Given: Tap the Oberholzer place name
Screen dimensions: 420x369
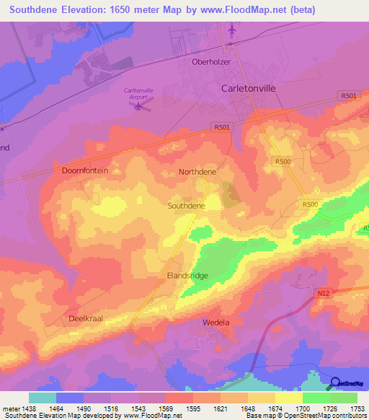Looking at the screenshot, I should (x=211, y=61).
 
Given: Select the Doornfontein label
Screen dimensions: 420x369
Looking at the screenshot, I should (x=85, y=170).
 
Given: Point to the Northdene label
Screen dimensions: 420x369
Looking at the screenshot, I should (x=197, y=172).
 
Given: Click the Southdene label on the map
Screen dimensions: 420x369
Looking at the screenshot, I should (x=187, y=206).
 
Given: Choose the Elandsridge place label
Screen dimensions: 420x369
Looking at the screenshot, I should (x=188, y=275).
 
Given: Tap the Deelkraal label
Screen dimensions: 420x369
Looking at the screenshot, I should (x=88, y=318).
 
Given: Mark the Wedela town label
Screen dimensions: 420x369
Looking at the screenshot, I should (x=216, y=322).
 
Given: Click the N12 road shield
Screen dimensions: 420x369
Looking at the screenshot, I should (x=323, y=294).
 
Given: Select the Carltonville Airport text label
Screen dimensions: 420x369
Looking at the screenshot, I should (x=136, y=93).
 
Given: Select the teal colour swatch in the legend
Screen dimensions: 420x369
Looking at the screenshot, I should (x=43, y=398).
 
